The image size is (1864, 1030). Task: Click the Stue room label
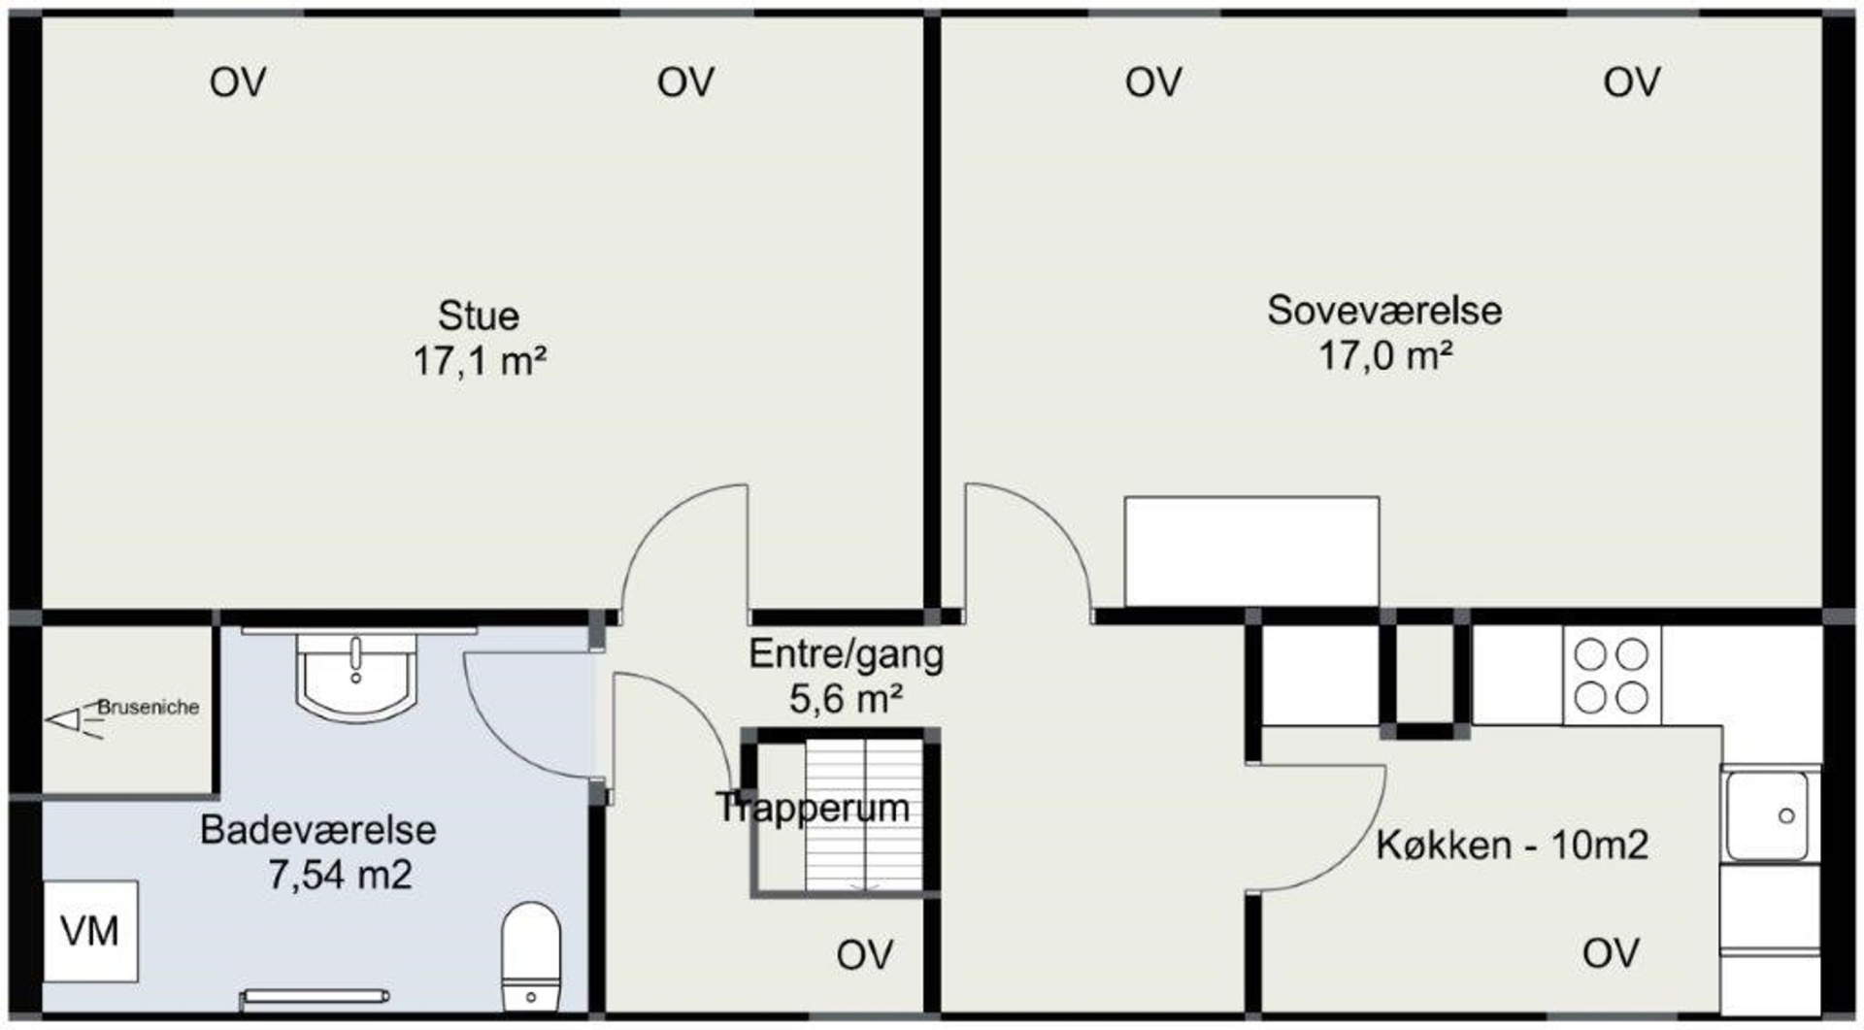479,316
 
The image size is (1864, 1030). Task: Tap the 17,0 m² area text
1384,356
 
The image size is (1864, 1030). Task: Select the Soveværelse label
1384,311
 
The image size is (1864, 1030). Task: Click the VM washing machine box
90,931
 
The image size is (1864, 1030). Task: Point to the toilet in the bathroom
531,956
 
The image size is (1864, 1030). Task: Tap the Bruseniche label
148,707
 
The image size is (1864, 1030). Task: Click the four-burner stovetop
1612,676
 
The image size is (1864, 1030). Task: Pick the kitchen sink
1768,815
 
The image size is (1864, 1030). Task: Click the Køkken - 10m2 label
1512,846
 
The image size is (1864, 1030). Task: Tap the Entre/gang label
846,654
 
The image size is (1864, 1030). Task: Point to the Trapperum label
814,808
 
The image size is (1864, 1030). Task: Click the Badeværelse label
318,830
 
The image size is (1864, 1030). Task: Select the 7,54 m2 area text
340,876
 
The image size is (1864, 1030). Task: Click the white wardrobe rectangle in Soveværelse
1251,551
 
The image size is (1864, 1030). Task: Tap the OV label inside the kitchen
1612,953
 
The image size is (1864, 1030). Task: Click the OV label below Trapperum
865,955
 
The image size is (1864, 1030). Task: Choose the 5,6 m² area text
846,699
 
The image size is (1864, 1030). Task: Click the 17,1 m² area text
479,362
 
